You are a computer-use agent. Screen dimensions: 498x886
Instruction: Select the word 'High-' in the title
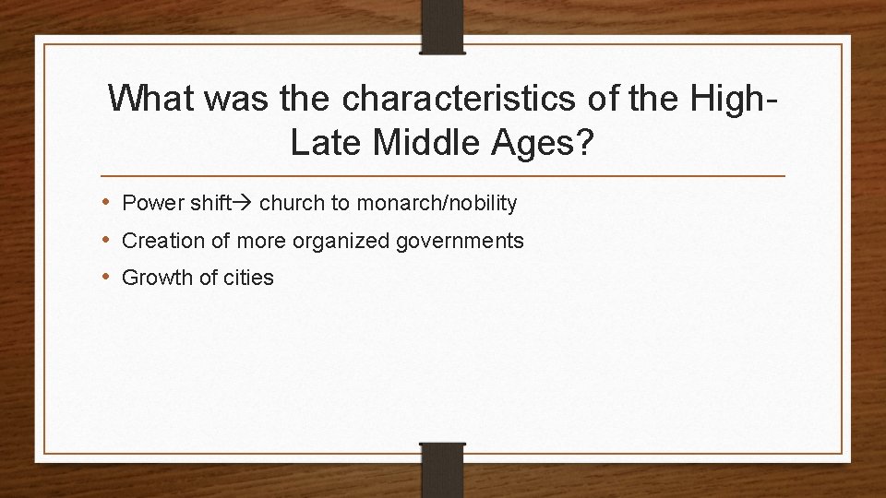click(728, 98)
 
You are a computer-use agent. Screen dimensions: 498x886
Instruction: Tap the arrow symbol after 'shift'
click(246, 202)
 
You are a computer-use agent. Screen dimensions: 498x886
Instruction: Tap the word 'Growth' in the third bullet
click(154, 278)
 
